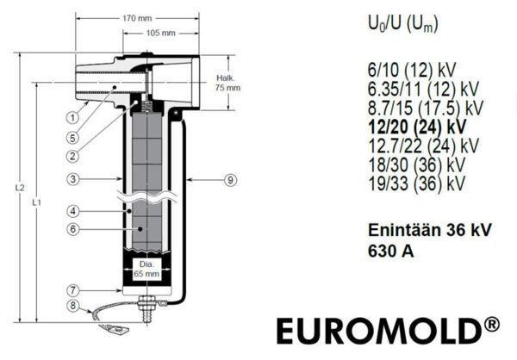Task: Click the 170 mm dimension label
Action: click(x=137, y=18)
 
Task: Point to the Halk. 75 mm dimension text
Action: click(x=227, y=83)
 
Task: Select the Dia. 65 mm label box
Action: click(x=146, y=270)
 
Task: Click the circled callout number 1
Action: click(x=72, y=118)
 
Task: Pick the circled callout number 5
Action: click(x=72, y=138)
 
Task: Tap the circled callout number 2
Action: click(x=72, y=156)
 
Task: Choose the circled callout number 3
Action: click(x=73, y=179)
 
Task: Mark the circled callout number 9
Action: click(x=230, y=180)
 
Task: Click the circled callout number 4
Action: click(x=73, y=211)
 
